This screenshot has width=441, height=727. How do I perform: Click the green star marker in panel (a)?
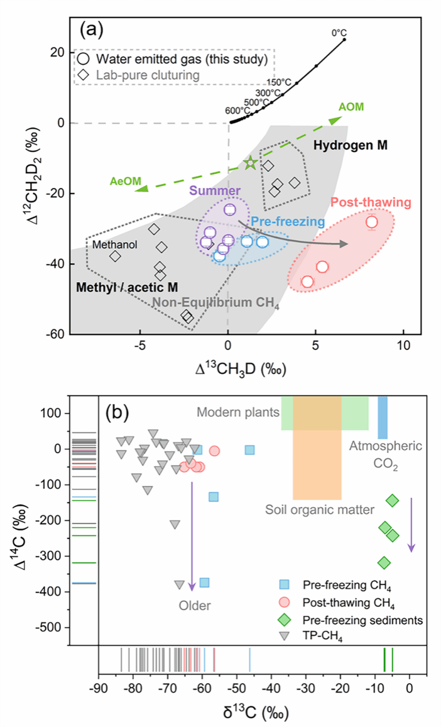[251, 163]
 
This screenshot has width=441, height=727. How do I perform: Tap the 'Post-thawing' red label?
[371, 203]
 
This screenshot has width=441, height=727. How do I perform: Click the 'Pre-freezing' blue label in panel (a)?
[287, 221]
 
